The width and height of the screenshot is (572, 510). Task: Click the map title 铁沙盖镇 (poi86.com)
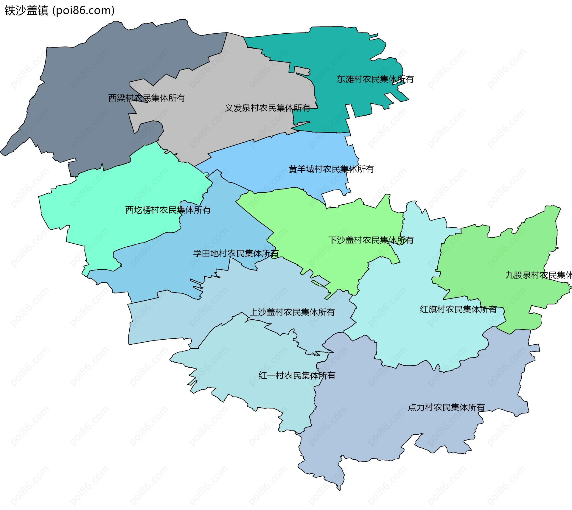60,10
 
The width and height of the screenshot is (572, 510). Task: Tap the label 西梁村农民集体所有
147,98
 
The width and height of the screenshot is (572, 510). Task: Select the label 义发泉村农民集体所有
268,108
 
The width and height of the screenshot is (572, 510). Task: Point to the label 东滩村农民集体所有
375,79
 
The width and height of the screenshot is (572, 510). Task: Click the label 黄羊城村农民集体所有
331,169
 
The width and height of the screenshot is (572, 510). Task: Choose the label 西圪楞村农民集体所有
168,210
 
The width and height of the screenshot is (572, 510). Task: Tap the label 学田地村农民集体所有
235,254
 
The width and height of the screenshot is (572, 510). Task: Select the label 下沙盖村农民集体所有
371,240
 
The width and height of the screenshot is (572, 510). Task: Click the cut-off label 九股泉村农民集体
538,275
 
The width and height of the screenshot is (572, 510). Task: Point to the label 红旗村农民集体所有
458,310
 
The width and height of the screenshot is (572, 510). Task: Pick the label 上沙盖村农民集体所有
292,312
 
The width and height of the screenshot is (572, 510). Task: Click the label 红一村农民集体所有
297,376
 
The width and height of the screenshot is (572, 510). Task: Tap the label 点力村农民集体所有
446,407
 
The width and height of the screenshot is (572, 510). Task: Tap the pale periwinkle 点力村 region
387,423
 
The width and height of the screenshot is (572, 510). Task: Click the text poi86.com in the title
84,10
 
